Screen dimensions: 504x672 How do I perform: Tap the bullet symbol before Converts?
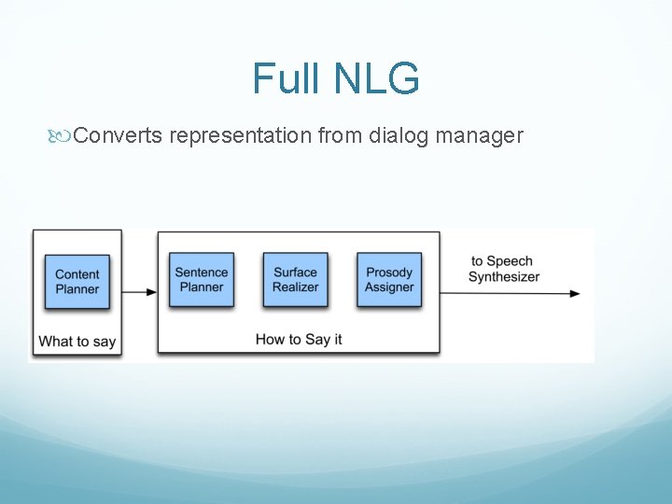point(62,137)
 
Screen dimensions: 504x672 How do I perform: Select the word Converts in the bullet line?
point(117,136)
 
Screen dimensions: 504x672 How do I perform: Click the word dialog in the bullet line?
point(398,136)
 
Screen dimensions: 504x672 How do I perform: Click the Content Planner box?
point(77,281)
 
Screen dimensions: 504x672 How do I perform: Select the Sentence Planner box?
point(202,279)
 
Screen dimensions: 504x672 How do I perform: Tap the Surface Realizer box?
point(295,279)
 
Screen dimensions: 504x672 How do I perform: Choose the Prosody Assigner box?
point(389,279)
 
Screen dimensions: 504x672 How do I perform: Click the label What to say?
point(77,341)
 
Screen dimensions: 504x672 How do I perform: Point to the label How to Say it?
point(299,339)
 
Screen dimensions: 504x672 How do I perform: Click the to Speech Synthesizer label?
point(502,269)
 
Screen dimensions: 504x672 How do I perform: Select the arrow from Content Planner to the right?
point(140,292)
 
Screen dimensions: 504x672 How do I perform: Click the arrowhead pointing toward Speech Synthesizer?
point(574,293)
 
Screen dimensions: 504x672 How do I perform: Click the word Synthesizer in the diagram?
point(504,277)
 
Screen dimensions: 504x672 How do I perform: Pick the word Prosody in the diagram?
point(389,273)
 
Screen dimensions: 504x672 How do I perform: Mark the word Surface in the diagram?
point(295,273)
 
